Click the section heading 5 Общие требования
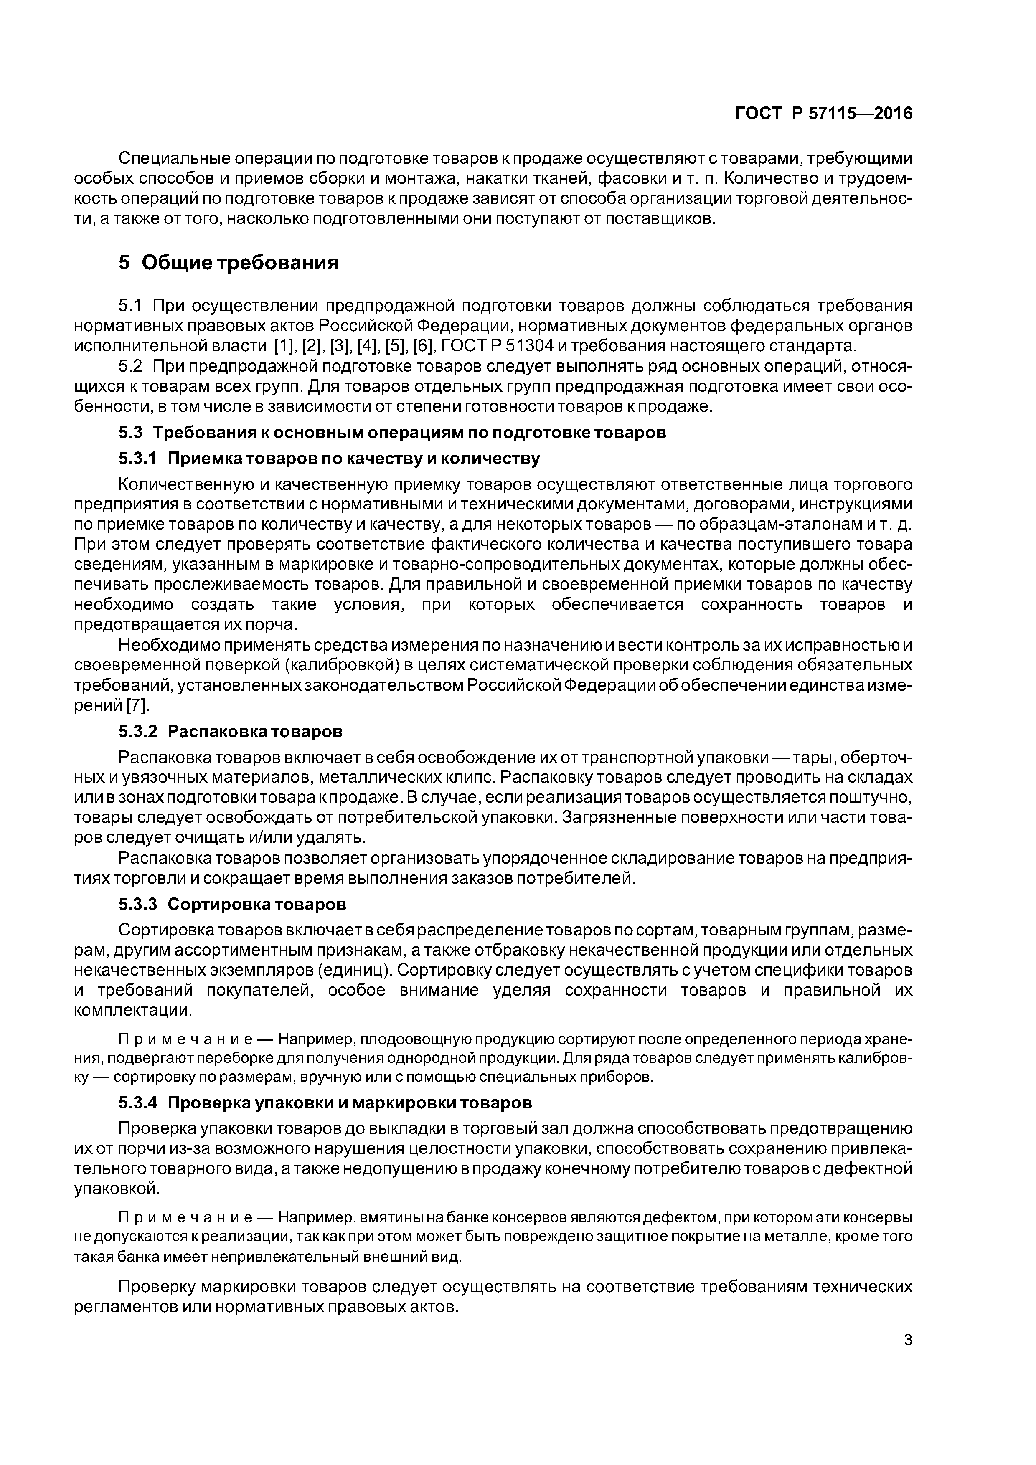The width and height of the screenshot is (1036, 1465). [229, 262]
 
